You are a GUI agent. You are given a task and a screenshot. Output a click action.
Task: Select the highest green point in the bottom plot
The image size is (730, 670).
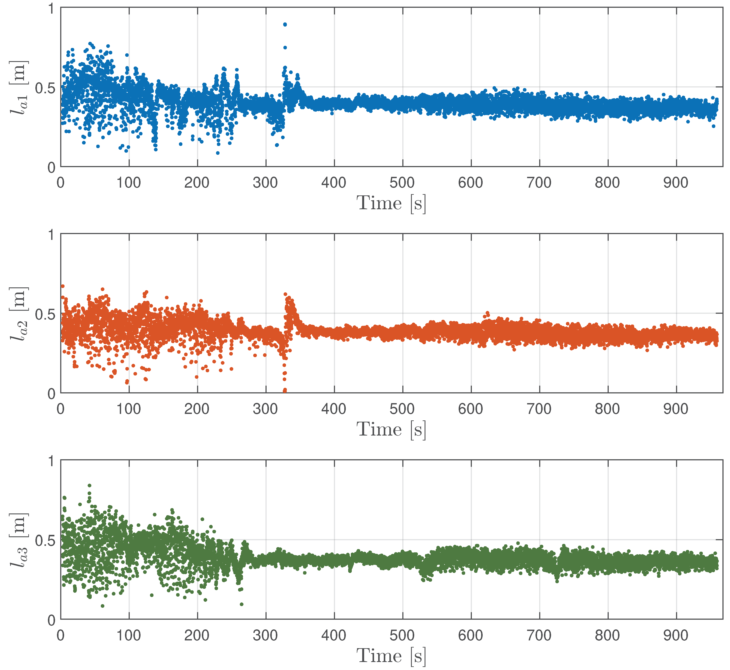(x=90, y=485)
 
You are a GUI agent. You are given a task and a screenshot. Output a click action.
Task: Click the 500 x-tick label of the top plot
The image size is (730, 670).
(x=402, y=183)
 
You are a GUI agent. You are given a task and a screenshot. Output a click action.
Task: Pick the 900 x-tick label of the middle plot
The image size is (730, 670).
(x=676, y=409)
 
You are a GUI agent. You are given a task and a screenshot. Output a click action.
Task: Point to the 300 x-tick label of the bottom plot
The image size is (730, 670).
(x=266, y=635)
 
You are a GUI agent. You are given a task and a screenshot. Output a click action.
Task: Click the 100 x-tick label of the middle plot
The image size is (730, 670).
(x=129, y=409)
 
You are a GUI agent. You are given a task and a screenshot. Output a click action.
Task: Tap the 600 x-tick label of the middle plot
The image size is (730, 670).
(x=471, y=409)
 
